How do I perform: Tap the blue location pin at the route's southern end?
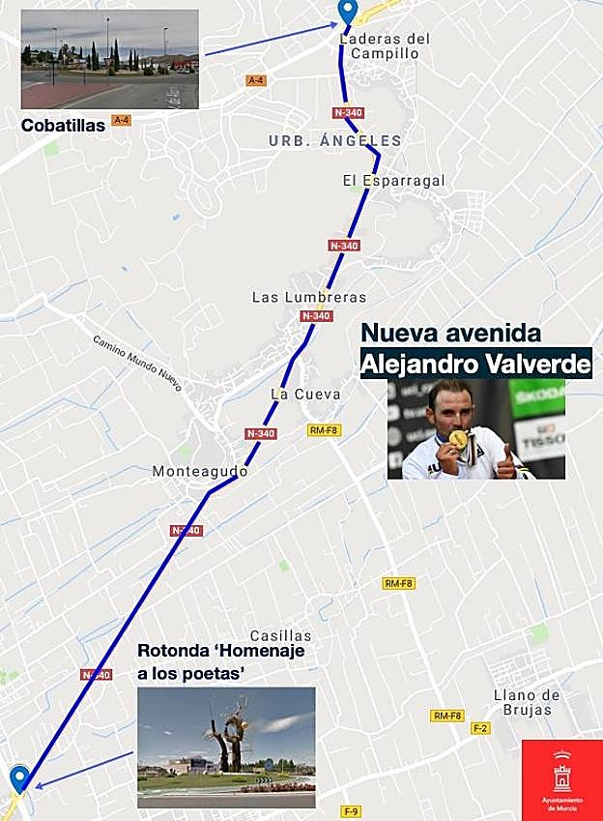[19, 777]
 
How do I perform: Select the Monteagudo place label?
[200, 472]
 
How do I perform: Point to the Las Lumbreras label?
[309, 297]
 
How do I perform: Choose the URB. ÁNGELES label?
[334, 141]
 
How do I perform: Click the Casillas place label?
[281, 635]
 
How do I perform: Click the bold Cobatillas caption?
[63, 125]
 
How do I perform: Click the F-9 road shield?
[352, 810]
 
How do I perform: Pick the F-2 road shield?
[480, 728]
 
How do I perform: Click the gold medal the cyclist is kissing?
[458, 439]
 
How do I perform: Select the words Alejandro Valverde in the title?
[474, 365]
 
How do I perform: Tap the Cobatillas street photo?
[109, 59]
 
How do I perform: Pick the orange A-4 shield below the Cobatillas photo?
[121, 120]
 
